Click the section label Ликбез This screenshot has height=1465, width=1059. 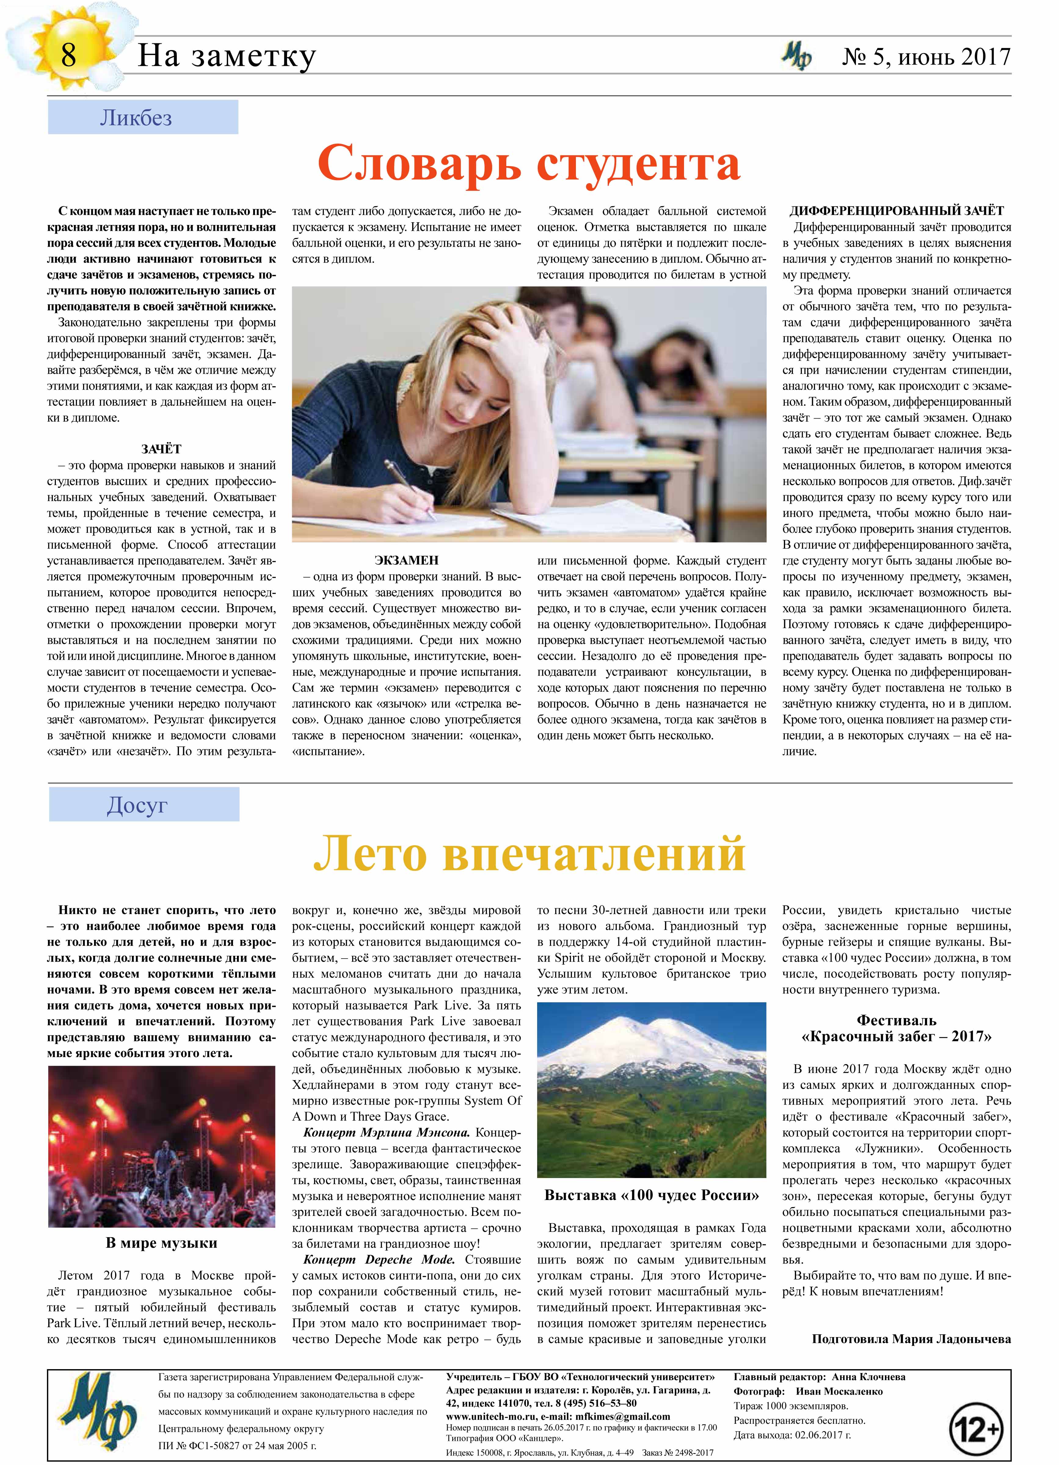(x=136, y=118)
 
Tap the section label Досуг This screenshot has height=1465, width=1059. (x=137, y=805)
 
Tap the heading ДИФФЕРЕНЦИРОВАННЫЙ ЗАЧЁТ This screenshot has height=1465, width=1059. (x=897, y=211)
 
